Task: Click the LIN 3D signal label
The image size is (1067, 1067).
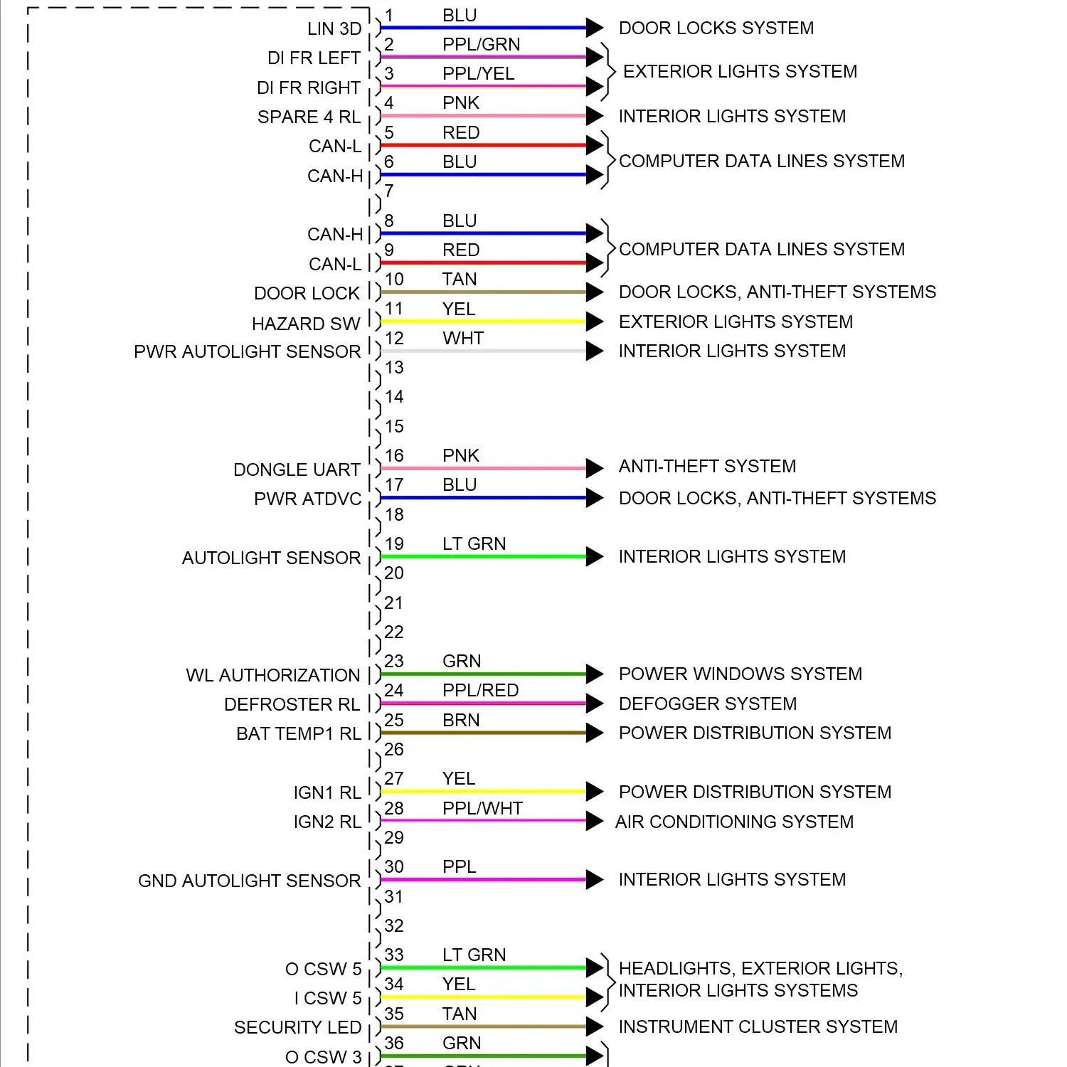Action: (x=334, y=29)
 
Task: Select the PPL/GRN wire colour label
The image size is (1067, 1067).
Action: (x=481, y=45)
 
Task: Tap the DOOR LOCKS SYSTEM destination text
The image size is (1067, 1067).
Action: (x=716, y=28)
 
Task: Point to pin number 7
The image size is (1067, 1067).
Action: (x=389, y=191)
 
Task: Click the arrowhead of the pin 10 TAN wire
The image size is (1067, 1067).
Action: (x=595, y=292)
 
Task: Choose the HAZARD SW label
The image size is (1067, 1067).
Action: (x=306, y=324)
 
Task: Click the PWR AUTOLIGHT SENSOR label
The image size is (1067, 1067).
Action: (x=247, y=352)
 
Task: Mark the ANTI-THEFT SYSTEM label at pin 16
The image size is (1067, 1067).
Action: (x=707, y=467)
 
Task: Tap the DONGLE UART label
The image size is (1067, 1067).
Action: (x=297, y=470)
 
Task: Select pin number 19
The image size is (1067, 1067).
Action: (x=394, y=544)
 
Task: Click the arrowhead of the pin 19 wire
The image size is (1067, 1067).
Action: (x=595, y=556)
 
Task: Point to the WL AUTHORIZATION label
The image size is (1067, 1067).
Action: (x=273, y=675)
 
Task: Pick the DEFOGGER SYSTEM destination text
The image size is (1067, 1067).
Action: (x=707, y=704)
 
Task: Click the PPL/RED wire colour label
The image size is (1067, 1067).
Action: (x=480, y=691)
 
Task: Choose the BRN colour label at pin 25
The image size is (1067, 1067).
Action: (x=461, y=721)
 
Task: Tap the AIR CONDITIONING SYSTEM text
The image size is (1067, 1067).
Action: (x=734, y=822)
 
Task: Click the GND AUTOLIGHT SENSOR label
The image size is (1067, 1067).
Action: (x=249, y=881)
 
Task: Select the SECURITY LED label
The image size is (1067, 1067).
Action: (x=297, y=1028)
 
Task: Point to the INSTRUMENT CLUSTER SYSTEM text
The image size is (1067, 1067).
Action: (x=758, y=1027)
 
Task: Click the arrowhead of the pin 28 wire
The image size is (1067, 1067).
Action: (x=595, y=821)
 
